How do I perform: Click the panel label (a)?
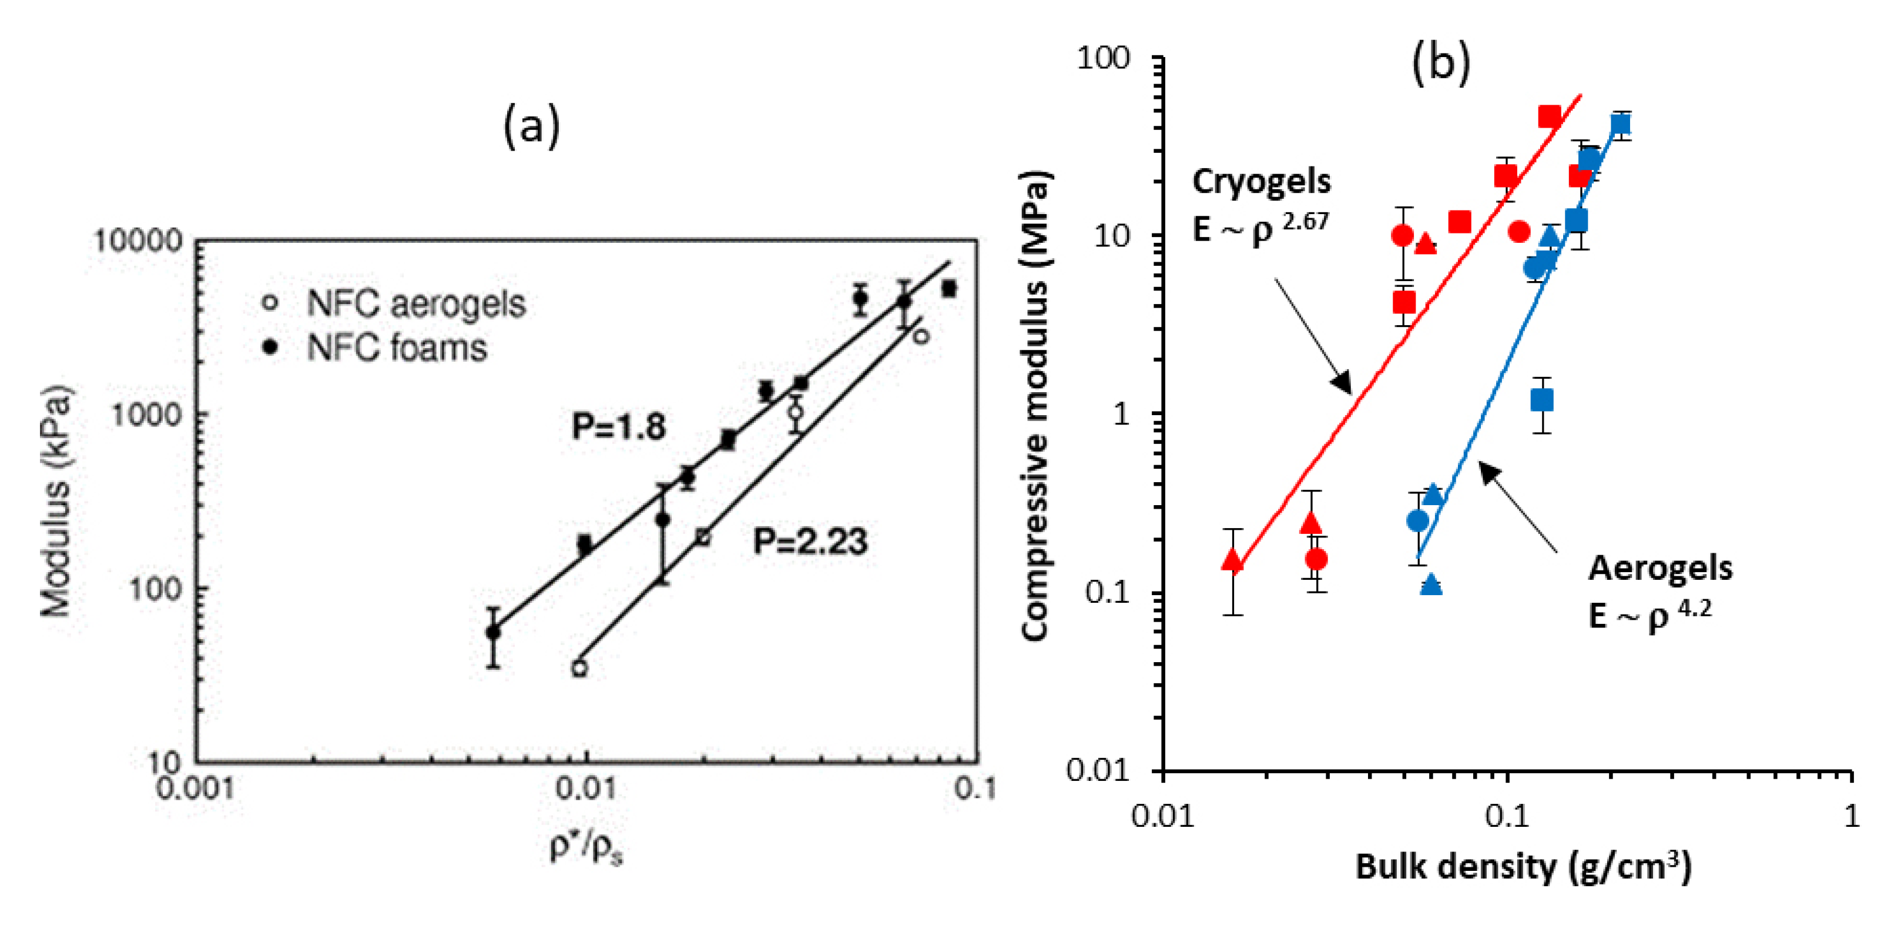tap(531, 125)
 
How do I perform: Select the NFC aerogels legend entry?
tap(415, 303)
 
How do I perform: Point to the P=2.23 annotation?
tap(810, 542)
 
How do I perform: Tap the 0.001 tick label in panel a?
tap(196, 789)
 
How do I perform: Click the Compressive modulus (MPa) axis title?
tap(1035, 406)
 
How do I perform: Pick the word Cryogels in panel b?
tap(1261, 182)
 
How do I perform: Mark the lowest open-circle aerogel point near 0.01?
tap(579, 668)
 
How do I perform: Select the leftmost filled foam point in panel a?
tap(493, 633)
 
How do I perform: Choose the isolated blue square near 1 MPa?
tap(1541, 400)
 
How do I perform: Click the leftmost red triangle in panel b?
tap(1232, 561)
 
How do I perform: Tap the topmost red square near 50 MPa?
tap(1549, 116)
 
